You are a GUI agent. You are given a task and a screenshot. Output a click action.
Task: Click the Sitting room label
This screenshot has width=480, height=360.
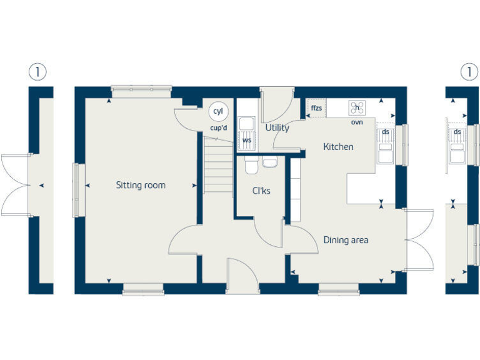(x=141, y=185)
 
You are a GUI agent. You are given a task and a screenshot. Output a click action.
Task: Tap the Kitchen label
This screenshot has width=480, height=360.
(x=338, y=147)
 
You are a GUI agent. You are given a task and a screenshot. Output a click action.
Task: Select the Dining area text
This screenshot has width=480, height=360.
(x=346, y=240)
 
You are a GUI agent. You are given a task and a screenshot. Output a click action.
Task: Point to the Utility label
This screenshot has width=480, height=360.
(x=277, y=128)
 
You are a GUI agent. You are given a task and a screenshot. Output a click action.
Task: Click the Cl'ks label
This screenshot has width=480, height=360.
(x=261, y=191)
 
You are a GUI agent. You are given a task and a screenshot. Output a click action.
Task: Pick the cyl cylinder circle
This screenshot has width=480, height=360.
(x=218, y=111)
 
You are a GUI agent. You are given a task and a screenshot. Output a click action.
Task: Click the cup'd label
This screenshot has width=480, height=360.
(x=219, y=128)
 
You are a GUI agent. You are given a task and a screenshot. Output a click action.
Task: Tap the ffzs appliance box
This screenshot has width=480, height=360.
(x=316, y=109)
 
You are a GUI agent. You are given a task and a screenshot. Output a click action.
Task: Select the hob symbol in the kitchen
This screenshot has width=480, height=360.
(x=357, y=108)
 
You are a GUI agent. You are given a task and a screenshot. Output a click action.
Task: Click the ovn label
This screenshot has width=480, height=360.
(x=357, y=122)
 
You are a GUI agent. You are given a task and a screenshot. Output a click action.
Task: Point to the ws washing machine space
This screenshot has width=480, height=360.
(x=247, y=141)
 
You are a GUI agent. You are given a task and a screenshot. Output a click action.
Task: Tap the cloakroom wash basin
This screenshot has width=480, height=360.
(x=270, y=163)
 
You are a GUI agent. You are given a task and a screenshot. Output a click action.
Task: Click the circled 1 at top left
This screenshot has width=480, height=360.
(x=37, y=72)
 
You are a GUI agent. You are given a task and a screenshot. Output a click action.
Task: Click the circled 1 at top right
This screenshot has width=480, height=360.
(x=469, y=72)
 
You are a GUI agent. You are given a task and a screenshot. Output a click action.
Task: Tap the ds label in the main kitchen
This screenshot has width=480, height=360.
(x=386, y=132)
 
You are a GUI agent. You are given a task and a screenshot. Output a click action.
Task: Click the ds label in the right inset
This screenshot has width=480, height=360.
(x=457, y=132)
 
